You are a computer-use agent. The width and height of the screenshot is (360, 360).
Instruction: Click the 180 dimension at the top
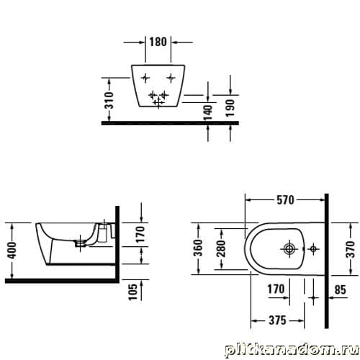pos(158,42)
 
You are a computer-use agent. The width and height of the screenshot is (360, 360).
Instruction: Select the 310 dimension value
pos(110,100)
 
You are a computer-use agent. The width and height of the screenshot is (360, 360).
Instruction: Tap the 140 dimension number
pos(208,112)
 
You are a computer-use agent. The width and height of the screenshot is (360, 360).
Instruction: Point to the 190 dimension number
pos(230,108)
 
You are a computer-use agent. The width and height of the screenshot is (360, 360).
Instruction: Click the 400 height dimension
pos(12,251)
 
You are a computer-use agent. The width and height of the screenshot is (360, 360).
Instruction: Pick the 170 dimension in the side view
pos(140,234)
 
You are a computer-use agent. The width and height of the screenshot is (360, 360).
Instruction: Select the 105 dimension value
pos(133,292)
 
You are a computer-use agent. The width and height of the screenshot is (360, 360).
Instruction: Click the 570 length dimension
pos(285,200)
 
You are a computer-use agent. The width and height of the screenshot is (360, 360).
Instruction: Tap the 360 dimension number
pos(199,248)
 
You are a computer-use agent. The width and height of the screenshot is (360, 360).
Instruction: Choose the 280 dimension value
pos(221,248)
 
